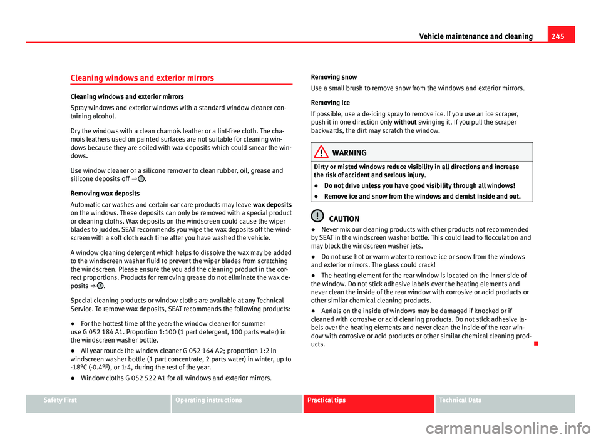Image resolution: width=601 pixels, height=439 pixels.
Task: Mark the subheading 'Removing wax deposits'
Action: (60, 194)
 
